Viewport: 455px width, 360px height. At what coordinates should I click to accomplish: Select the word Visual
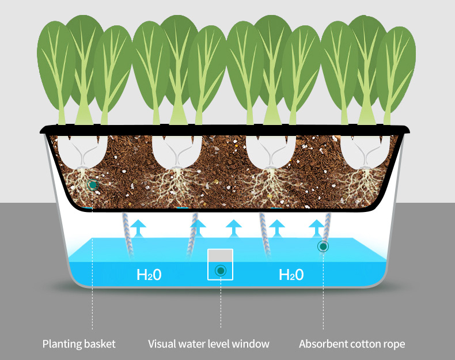point(163,344)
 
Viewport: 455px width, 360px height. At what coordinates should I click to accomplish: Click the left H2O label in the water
point(149,275)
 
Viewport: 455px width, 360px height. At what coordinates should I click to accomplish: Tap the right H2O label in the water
point(291,275)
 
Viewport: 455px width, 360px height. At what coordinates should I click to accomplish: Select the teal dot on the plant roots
point(92,185)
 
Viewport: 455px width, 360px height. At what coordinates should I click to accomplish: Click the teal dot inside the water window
point(220,271)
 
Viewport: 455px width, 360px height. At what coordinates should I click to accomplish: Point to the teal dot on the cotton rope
point(323,247)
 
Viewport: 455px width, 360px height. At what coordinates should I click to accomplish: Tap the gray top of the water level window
point(220,255)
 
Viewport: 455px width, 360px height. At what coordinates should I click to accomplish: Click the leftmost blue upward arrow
point(137,226)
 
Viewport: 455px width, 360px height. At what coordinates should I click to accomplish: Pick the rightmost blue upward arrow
point(316,226)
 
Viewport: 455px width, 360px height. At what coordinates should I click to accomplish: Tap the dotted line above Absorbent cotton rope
point(323,294)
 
